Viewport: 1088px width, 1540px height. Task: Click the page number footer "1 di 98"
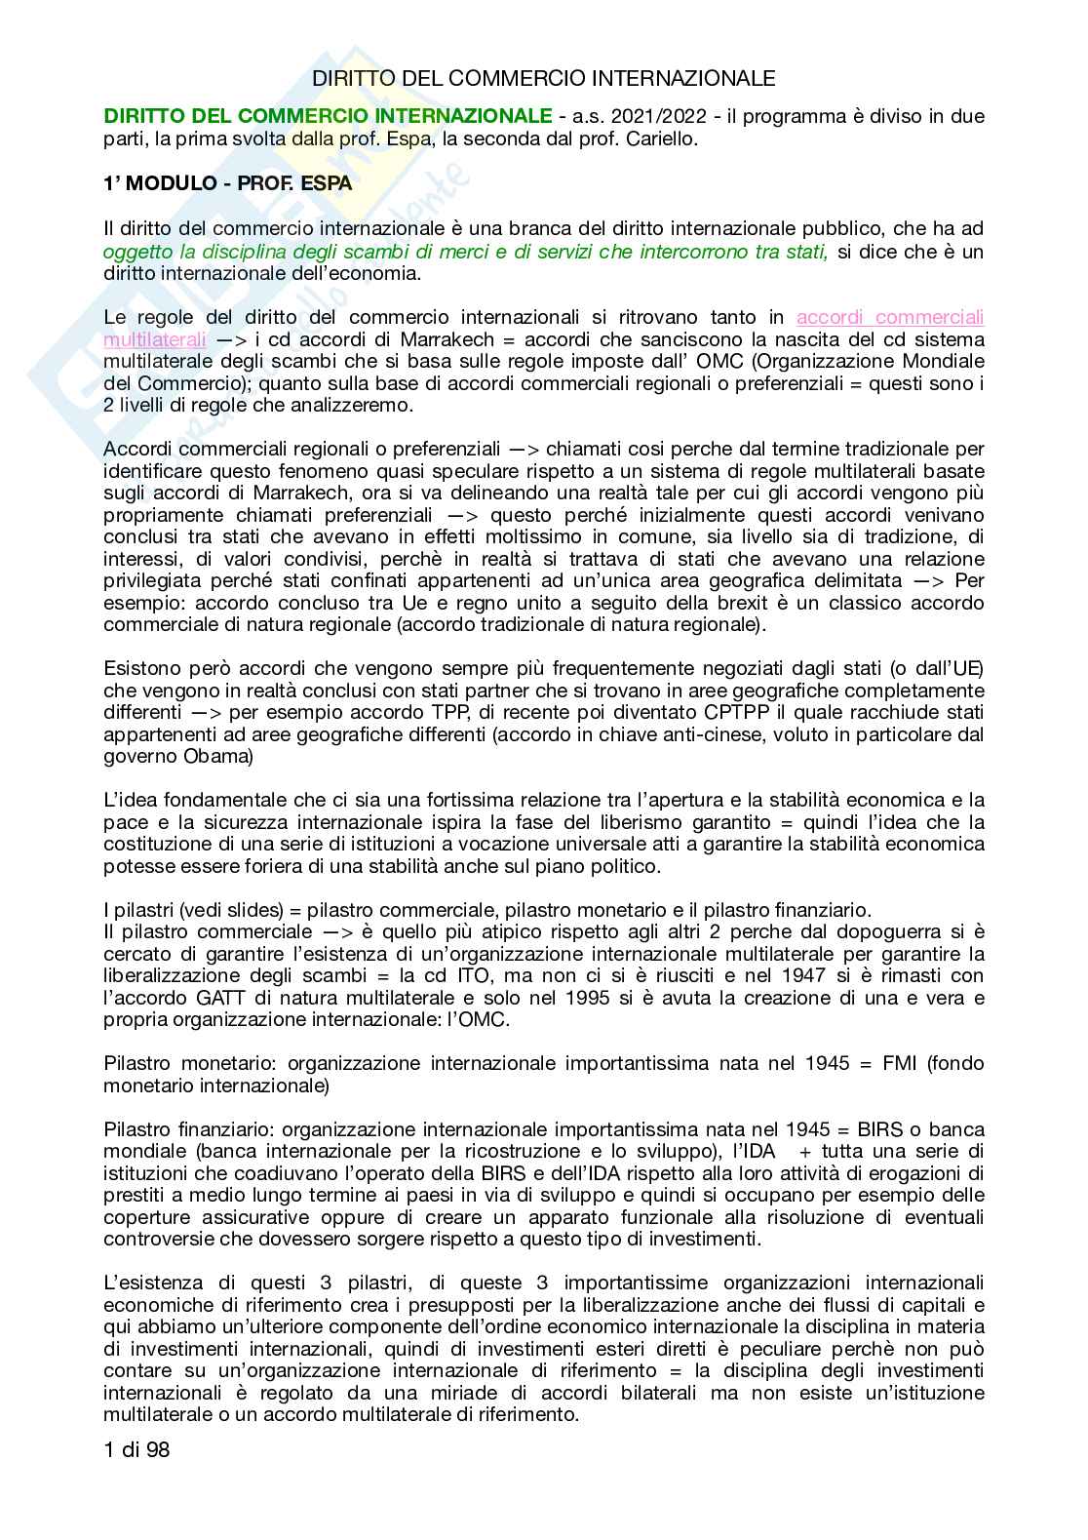136,1450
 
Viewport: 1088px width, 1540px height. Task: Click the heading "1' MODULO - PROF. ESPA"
228,183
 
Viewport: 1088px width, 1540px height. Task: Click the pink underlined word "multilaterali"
154,339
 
